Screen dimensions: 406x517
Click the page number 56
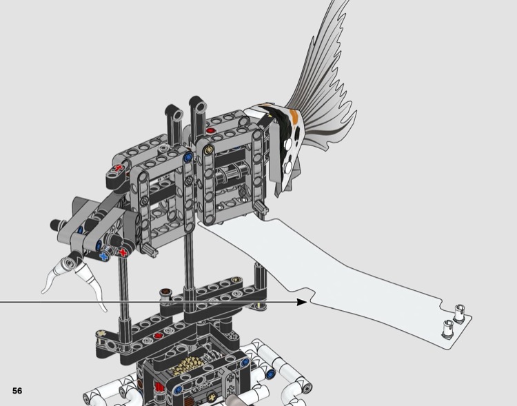pos(17,391)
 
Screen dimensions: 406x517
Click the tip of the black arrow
pos(306,301)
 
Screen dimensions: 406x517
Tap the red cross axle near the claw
pos(123,253)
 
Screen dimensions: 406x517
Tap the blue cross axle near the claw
pos(105,256)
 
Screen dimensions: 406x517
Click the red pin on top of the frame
pos(210,130)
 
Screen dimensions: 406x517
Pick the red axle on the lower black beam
pos(159,336)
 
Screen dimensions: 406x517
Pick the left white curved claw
pos(52,279)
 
